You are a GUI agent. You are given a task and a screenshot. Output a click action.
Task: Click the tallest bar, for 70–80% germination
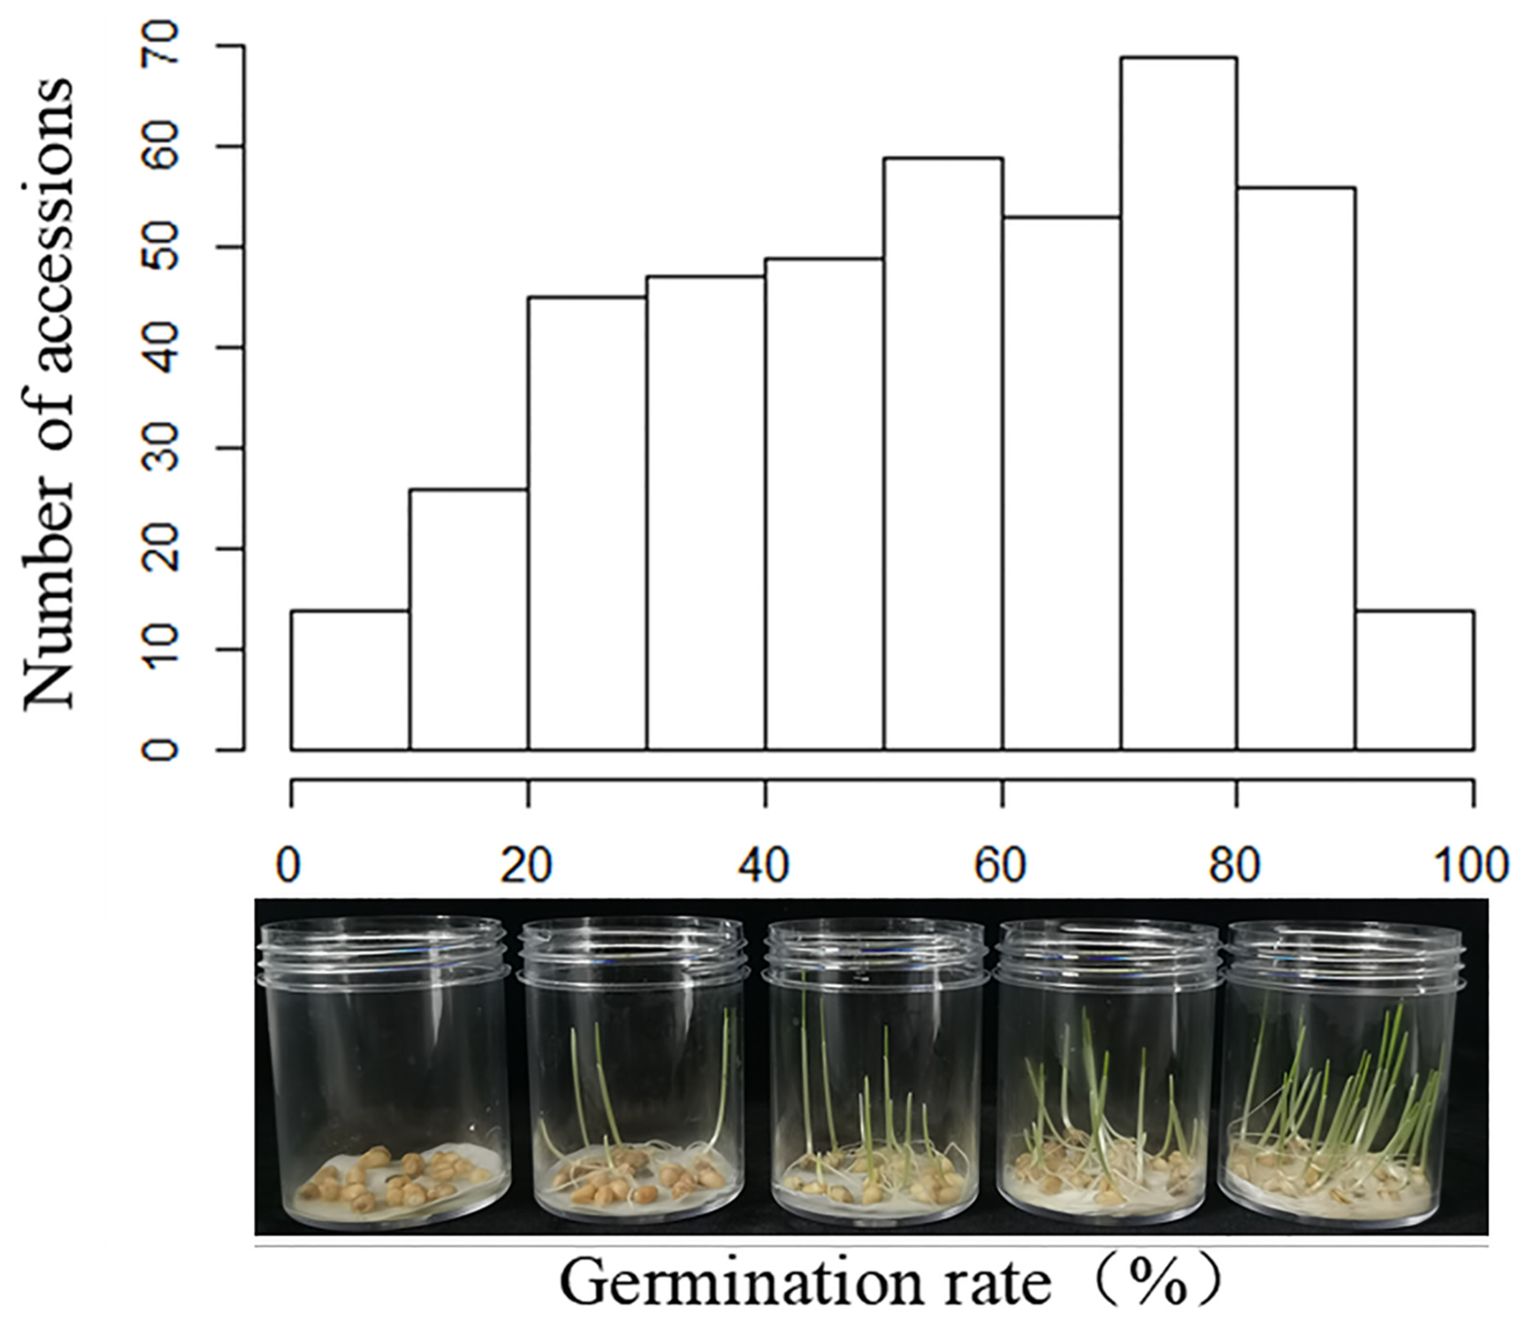1178,403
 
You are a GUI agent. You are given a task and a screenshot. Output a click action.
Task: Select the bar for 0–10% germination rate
351,680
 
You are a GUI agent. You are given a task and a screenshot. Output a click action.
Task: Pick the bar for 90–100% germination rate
1414,680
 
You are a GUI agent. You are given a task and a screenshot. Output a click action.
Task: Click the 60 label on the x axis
1001,865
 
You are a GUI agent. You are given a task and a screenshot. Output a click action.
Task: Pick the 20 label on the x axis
527,865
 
